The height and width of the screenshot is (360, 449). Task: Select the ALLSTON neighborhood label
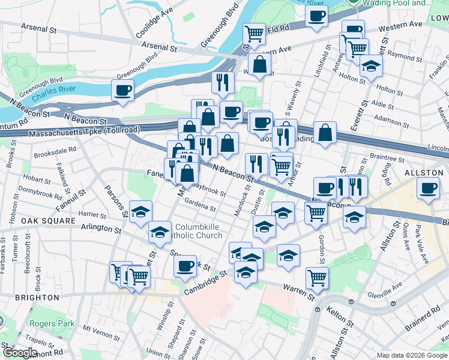tap(424, 172)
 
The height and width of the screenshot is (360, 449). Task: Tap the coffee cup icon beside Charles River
tap(123, 91)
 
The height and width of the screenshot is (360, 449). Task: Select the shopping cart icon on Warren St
tap(316, 277)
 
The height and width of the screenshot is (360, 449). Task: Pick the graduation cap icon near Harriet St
tap(140, 212)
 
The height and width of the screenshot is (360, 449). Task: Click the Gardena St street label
tap(200, 205)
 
